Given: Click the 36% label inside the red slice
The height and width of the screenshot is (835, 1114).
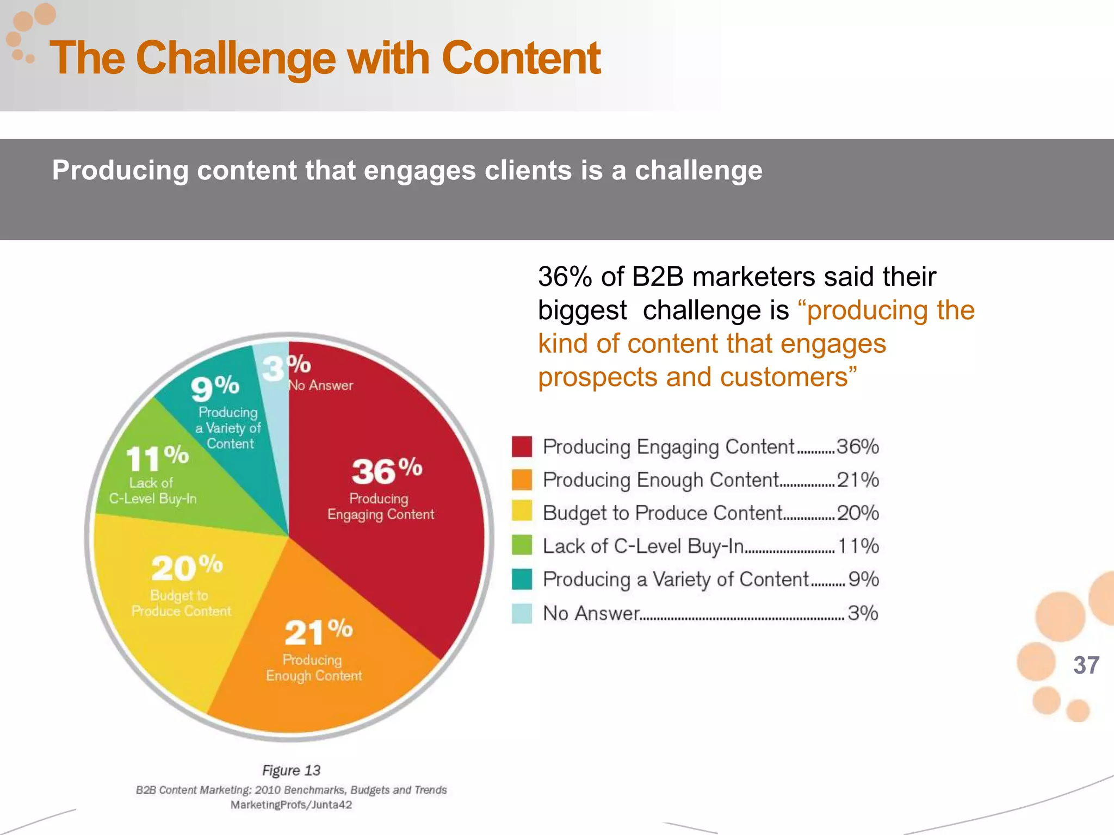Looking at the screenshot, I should (x=386, y=471).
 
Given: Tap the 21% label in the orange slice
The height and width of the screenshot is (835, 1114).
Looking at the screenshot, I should (x=318, y=632).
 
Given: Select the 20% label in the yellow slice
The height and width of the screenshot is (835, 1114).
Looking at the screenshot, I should (x=187, y=568).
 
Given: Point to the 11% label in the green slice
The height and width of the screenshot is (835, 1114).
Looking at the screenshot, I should (x=157, y=458).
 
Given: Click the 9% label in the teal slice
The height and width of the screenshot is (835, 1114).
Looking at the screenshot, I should (x=215, y=387).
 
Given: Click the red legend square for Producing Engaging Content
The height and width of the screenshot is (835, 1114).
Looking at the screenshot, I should (x=522, y=446).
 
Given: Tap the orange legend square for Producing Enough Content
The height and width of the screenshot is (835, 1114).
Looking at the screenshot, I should (x=522, y=479).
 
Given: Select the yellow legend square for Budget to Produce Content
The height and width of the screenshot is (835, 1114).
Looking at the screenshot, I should (x=522, y=512).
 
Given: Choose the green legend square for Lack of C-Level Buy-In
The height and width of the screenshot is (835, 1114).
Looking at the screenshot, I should (x=522, y=545).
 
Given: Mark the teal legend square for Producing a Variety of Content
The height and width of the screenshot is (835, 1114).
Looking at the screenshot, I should (x=522, y=579).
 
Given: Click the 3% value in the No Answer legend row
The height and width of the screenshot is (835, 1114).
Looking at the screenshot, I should (x=863, y=613).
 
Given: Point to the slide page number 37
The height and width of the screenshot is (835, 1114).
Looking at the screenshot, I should (x=1086, y=665).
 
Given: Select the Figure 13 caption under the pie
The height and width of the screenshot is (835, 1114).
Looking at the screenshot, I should (x=291, y=770).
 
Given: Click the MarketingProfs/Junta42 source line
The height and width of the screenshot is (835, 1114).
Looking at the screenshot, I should (x=291, y=805).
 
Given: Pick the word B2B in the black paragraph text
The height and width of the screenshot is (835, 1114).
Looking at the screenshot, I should (x=658, y=277).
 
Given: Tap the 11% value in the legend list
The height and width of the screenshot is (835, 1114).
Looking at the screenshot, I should (x=858, y=546).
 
